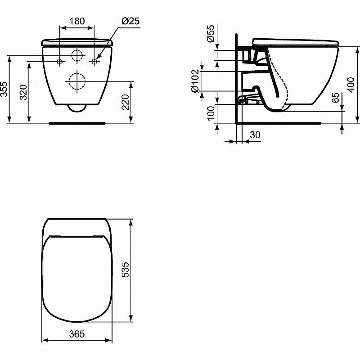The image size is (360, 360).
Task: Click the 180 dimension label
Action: coord(77,21)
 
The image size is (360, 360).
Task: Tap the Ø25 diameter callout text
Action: coord(129,21)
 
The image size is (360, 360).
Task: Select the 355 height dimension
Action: coord(4,89)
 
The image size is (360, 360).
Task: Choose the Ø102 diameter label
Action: coord(195,81)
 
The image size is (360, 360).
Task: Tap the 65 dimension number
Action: coord(336,99)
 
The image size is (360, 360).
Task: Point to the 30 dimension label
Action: coord(255,135)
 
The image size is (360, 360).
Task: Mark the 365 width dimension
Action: coord(77,334)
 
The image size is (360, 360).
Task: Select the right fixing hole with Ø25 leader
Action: coord(94,61)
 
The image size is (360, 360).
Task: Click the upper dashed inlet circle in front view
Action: coord(77,55)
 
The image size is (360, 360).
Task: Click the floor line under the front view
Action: coord(77,121)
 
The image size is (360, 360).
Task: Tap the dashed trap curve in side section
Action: coord(284,90)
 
